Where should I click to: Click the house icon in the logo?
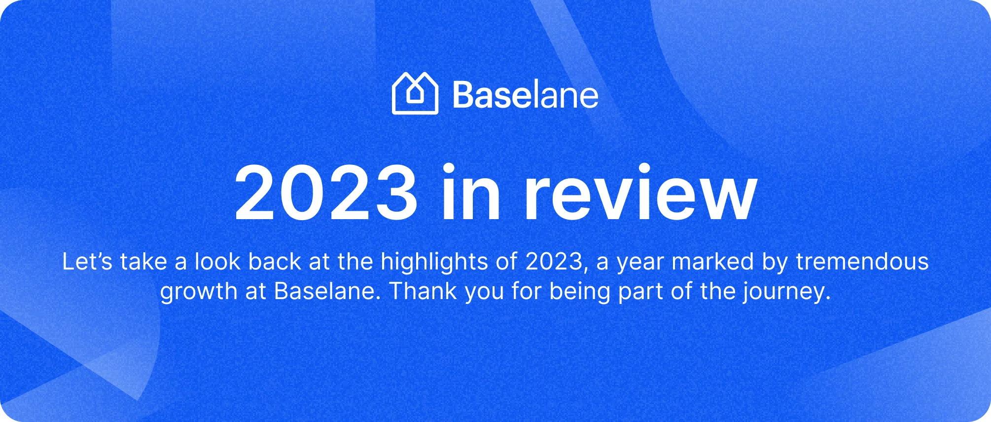point(415,93)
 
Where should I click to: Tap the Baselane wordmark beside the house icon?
point(526,95)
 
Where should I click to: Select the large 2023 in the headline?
point(326,193)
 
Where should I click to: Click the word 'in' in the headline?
point(471,192)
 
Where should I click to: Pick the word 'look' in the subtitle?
point(217,262)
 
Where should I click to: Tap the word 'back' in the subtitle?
point(275,262)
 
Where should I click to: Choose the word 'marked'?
point(713,262)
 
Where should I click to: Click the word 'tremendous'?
point(862,262)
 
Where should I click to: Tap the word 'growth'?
point(199,292)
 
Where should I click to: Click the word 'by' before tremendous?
point(775,263)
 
